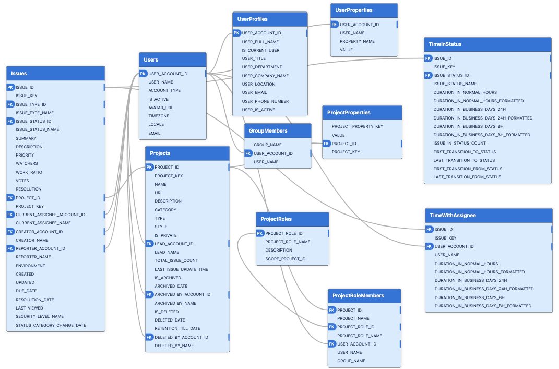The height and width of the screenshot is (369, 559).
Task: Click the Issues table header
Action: [x=55, y=74]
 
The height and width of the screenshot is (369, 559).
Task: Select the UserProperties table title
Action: [x=364, y=10]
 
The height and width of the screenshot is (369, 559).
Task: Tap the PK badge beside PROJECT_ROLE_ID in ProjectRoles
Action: [x=260, y=233]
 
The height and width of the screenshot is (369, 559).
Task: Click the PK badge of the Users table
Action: [x=143, y=74]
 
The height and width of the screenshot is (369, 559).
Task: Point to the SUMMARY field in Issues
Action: [x=26, y=138]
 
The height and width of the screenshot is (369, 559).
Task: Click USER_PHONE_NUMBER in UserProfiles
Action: [x=265, y=101]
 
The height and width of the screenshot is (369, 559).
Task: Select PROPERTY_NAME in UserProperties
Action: [x=357, y=41]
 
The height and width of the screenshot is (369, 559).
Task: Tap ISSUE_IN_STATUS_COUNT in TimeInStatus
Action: [x=459, y=143]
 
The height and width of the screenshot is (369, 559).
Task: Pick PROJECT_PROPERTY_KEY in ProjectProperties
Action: [x=358, y=126]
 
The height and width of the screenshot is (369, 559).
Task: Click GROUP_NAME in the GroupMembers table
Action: [x=268, y=145]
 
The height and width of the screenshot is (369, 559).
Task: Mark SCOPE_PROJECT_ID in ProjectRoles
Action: [x=285, y=259]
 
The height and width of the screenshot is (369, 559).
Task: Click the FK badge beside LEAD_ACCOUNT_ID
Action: [x=149, y=244]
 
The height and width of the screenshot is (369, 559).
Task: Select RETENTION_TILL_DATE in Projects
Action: [x=177, y=328]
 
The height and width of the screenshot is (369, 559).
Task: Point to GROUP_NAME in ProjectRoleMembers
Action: [x=351, y=361]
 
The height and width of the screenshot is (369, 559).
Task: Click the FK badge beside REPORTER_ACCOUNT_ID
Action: [x=10, y=248]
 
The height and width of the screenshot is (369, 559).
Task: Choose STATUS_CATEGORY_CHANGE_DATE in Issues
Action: [x=51, y=325]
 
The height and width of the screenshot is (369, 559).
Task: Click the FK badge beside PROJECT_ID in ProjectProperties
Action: [x=327, y=144]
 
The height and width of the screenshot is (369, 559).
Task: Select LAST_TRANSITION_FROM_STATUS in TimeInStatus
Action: [x=467, y=177]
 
